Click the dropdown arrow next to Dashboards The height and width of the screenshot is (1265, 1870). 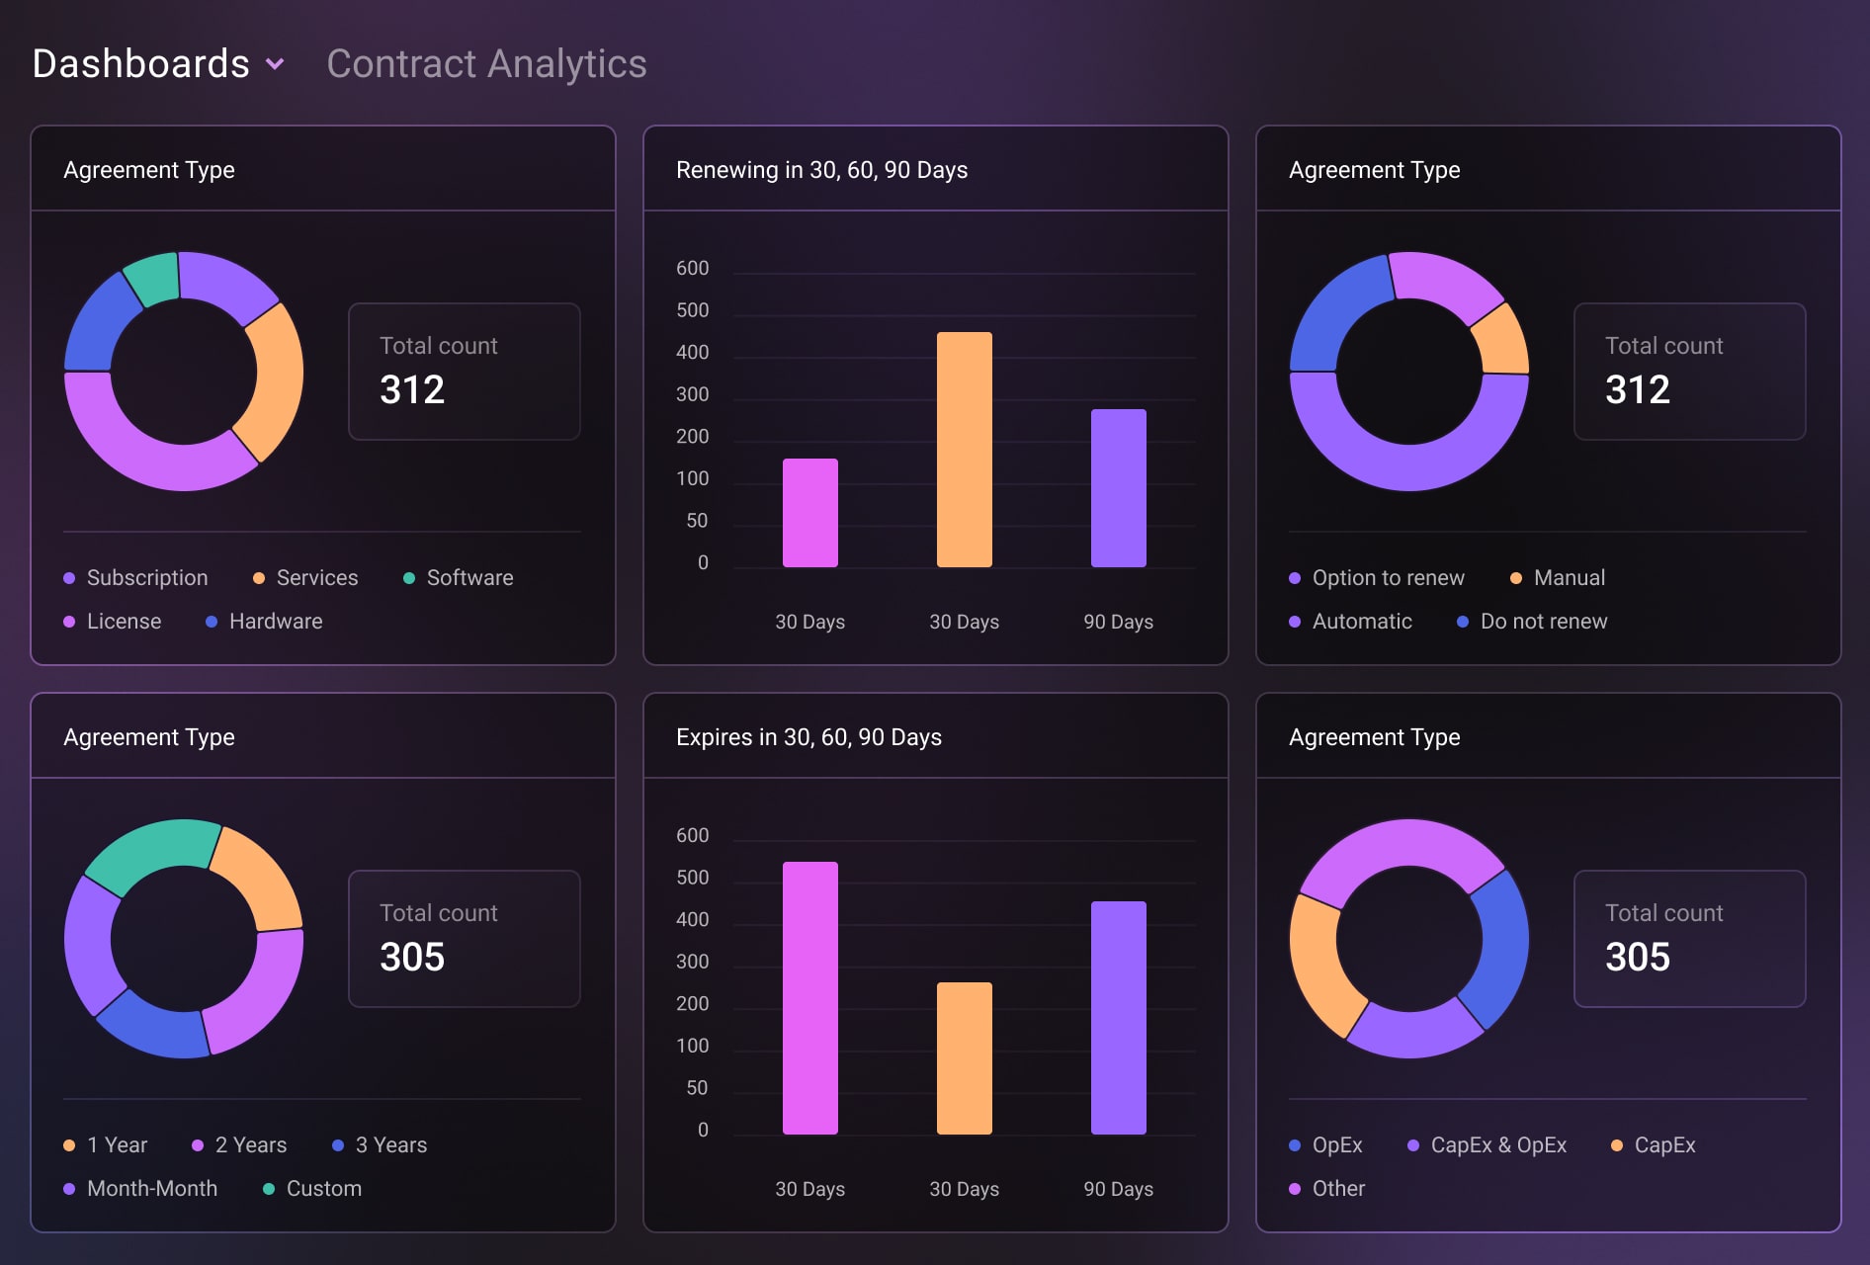pyautogui.click(x=275, y=64)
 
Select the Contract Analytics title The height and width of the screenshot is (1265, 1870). pyautogui.click(x=486, y=64)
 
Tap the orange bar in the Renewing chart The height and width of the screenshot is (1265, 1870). pyautogui.click(x=964, y=450)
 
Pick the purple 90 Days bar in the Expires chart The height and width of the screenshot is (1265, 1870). pyautogui.click(x=1118, y=1018)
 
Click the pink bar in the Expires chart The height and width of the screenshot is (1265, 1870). pyautogui.click(x=809, y=998)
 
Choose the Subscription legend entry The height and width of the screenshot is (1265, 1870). pyautogui.click(x=146, y=578)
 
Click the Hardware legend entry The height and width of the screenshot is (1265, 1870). pyautogui.click(x=275, y=622)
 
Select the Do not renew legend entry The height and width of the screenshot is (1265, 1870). pyautogui.click(x=1543, y=622)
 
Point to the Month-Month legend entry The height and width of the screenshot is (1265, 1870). pyautogui.click(x=151, y=1189)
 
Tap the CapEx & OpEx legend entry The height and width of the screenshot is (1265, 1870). pyautogui.click(x=1497, y=1145)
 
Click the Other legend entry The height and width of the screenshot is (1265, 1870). pyautogui.click(x=1337, y=1189)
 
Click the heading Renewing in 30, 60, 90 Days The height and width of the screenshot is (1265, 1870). pyautogui.click(x=821, y=170)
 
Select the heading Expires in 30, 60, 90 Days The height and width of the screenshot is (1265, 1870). pyautogui.click(x=808, y=737)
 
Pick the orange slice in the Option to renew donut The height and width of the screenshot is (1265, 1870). pyautogui.click(x=1501, y=341)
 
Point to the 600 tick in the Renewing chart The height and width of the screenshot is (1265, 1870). pyautogui.click(x=692, y=269)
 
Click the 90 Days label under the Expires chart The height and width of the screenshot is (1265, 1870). pyautogui.click(x=1118, y=1189)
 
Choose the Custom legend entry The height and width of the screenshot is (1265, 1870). pyautogui.click(x=323, y=1189)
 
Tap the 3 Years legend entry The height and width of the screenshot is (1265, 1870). pyautogui.click(x=390, y=1145)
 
